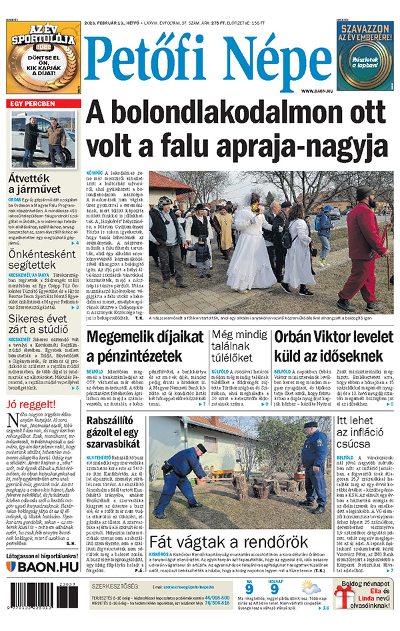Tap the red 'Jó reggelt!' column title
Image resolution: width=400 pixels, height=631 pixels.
(31, 404)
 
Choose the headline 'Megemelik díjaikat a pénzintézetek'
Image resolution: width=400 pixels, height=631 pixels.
(143, 346)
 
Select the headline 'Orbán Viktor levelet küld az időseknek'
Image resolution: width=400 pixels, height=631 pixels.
(333, 346)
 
